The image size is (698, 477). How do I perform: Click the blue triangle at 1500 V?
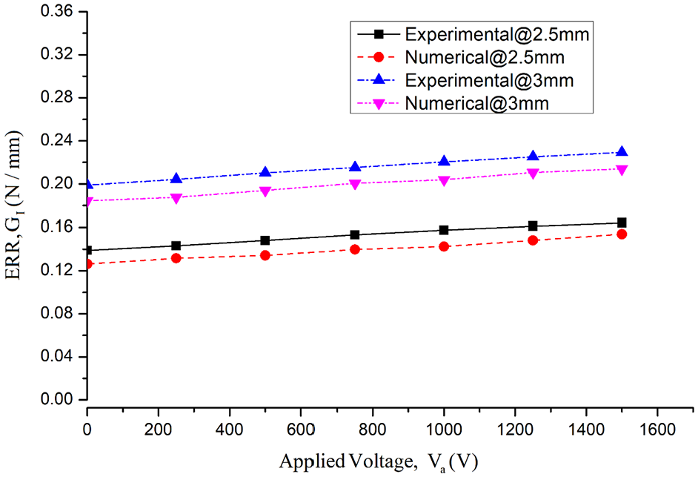click(622, 151)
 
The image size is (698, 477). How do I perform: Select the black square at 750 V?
click(355, 235)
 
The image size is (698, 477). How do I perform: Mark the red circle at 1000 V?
click(444, 246)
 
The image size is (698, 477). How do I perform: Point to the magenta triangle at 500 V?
click(265, 191)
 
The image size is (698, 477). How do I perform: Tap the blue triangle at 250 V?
click(176, 178)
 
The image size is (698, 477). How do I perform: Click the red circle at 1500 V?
click(622, 234)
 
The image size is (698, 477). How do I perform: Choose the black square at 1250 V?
click(533, 226)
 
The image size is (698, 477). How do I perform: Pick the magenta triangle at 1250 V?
click(533, 173)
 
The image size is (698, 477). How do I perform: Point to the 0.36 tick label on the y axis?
click(56, 11)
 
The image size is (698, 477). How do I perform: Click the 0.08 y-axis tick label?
click(56, 313)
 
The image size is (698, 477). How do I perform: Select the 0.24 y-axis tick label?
click(56, 141)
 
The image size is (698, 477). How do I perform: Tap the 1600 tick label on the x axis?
click(657, 430)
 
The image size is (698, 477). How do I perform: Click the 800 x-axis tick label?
click(372, 430)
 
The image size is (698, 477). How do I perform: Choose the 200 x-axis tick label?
click(159, 430)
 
